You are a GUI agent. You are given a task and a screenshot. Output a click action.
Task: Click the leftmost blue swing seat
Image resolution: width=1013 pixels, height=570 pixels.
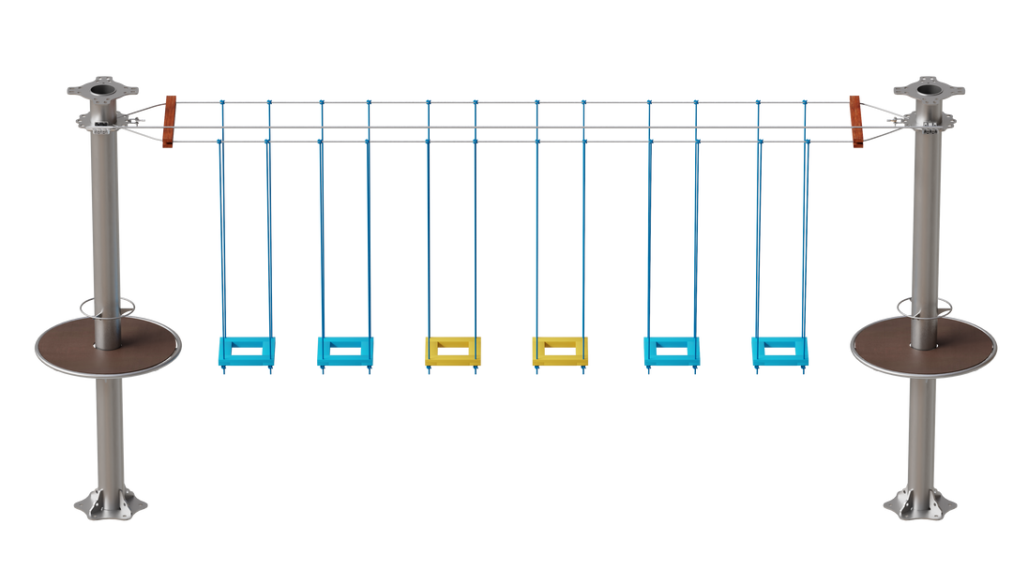click(x=247, y=351)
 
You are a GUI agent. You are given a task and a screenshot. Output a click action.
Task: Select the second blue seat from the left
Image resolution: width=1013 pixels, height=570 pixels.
click(x=345, y=351)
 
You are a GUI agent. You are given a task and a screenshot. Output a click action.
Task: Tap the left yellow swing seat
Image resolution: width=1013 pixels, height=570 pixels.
click(x=452, y=351)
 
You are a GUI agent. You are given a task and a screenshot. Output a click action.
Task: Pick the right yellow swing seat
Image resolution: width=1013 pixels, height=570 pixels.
click(x=560, y=351)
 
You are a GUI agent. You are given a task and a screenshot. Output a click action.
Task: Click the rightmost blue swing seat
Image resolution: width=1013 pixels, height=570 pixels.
click(x=779, y=351)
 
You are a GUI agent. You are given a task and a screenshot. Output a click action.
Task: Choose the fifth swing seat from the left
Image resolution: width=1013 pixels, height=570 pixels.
click(x=672, y=351)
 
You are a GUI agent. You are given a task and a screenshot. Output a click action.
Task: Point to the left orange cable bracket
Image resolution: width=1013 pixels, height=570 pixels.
click(x=170, y=121)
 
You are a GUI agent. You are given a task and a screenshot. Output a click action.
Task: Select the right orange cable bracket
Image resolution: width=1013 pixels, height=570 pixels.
click(x=855, y=121)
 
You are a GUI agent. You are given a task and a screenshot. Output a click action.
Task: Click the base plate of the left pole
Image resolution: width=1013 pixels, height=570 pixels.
click(x=111, y=505)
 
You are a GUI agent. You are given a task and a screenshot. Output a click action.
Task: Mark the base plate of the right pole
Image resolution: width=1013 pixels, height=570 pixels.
click(x=918, y=505)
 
